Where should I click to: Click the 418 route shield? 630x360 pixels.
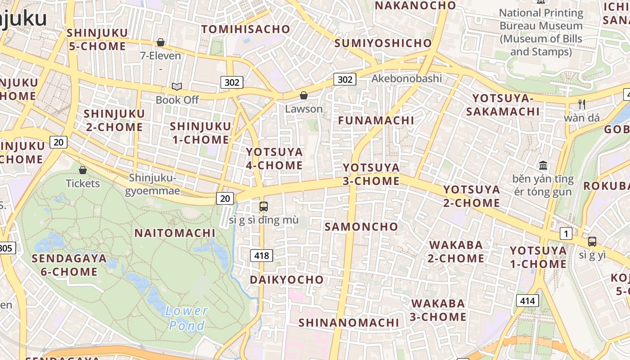[261, 256]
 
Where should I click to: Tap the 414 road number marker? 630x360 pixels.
[527, 300]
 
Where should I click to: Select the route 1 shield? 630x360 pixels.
[566, 234]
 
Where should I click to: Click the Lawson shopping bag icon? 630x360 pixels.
[304, 95]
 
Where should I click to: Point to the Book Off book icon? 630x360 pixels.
[177, 86]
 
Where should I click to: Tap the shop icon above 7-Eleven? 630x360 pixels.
[161, 42]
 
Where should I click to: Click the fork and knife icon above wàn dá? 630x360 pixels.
[582, 104]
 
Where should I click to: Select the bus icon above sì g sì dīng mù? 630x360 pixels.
[264, 207]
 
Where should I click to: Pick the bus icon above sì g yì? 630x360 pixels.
[592, 241]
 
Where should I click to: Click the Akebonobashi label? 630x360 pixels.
[406, 79]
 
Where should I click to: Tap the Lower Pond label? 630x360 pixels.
[186, 318]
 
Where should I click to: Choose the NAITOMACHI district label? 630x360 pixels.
[175, 233]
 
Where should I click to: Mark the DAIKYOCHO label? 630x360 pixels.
[287, 280]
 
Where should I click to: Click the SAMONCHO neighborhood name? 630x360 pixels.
[361, 227]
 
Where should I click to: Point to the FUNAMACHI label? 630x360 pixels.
[376, 121]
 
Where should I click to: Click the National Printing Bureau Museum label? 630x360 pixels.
[541, 32]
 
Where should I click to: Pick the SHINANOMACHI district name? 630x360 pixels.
[349, 323]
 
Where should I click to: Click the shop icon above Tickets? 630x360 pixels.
[83, 170]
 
